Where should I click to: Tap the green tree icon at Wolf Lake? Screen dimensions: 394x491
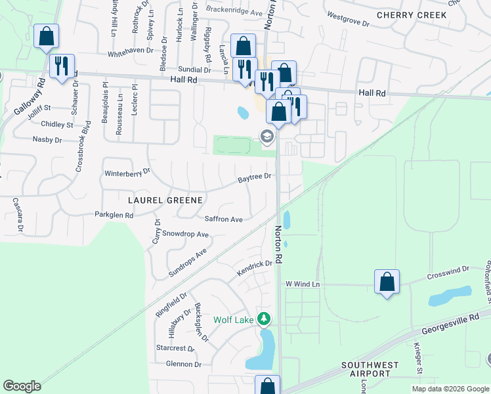[x=264, y=319]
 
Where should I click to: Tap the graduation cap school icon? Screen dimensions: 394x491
[x=267, y=137]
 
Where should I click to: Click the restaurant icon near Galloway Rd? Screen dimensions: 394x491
[x=62, y=66]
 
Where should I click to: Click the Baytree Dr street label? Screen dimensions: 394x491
[x=255, y=177]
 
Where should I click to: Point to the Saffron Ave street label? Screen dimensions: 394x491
[x=224, y=219]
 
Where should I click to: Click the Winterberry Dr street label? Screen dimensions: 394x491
[x=128, y=173]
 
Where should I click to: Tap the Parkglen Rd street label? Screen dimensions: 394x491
[x=114, y=215]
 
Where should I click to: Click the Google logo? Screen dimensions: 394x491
[x=22, y=386]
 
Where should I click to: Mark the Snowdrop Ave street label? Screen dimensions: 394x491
[x=185, y=234]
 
